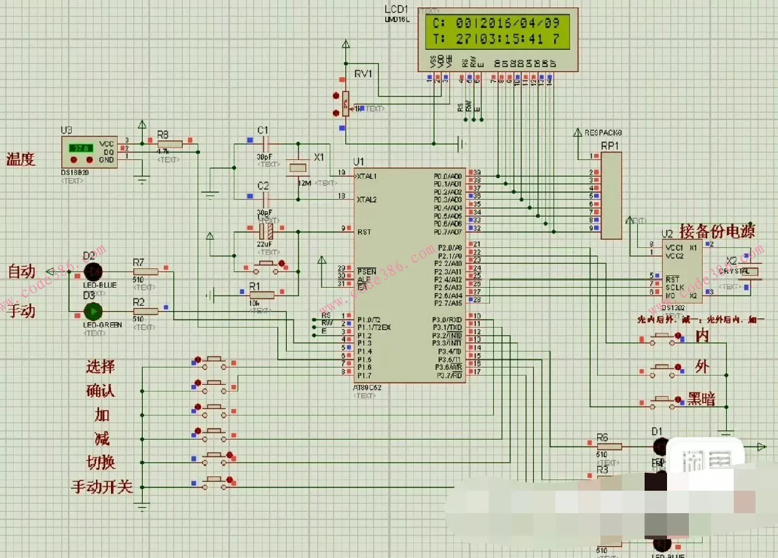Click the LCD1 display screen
pos(497,32)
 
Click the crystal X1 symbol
pos(299,167)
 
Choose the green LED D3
pos(92,310)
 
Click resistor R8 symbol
pos(169,144)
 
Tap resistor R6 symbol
pos(608,446)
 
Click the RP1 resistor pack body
pos(611,194)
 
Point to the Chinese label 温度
pos(21,159)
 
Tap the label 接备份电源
pos(717,231)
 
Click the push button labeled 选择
pos(215,361)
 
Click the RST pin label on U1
pos(365,232)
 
